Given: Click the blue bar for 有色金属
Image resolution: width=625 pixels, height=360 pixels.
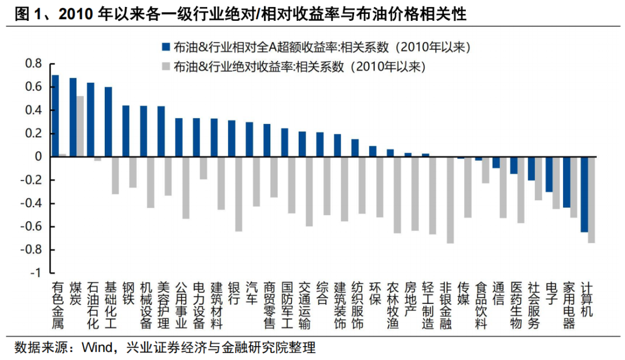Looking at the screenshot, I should pyautogui.click(x=56, y=116).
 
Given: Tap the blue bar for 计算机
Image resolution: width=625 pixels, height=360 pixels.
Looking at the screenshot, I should pyautogui.click(x=584, y=194).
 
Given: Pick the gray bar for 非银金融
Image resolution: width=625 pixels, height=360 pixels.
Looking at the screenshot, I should pyautogui.click(x=450, y=200).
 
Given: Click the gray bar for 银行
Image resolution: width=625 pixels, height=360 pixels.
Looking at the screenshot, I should pyautogui.click(x=238, y=194).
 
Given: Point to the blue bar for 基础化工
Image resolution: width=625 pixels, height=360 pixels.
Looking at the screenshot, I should pyautogui.click(x=108, y=122).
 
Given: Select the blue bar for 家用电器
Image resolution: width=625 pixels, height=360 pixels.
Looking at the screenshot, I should pyautogui.click(x=567, y=182).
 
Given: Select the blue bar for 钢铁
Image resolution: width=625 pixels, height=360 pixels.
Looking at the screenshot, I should pyautogui.click(x=126, y=131).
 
